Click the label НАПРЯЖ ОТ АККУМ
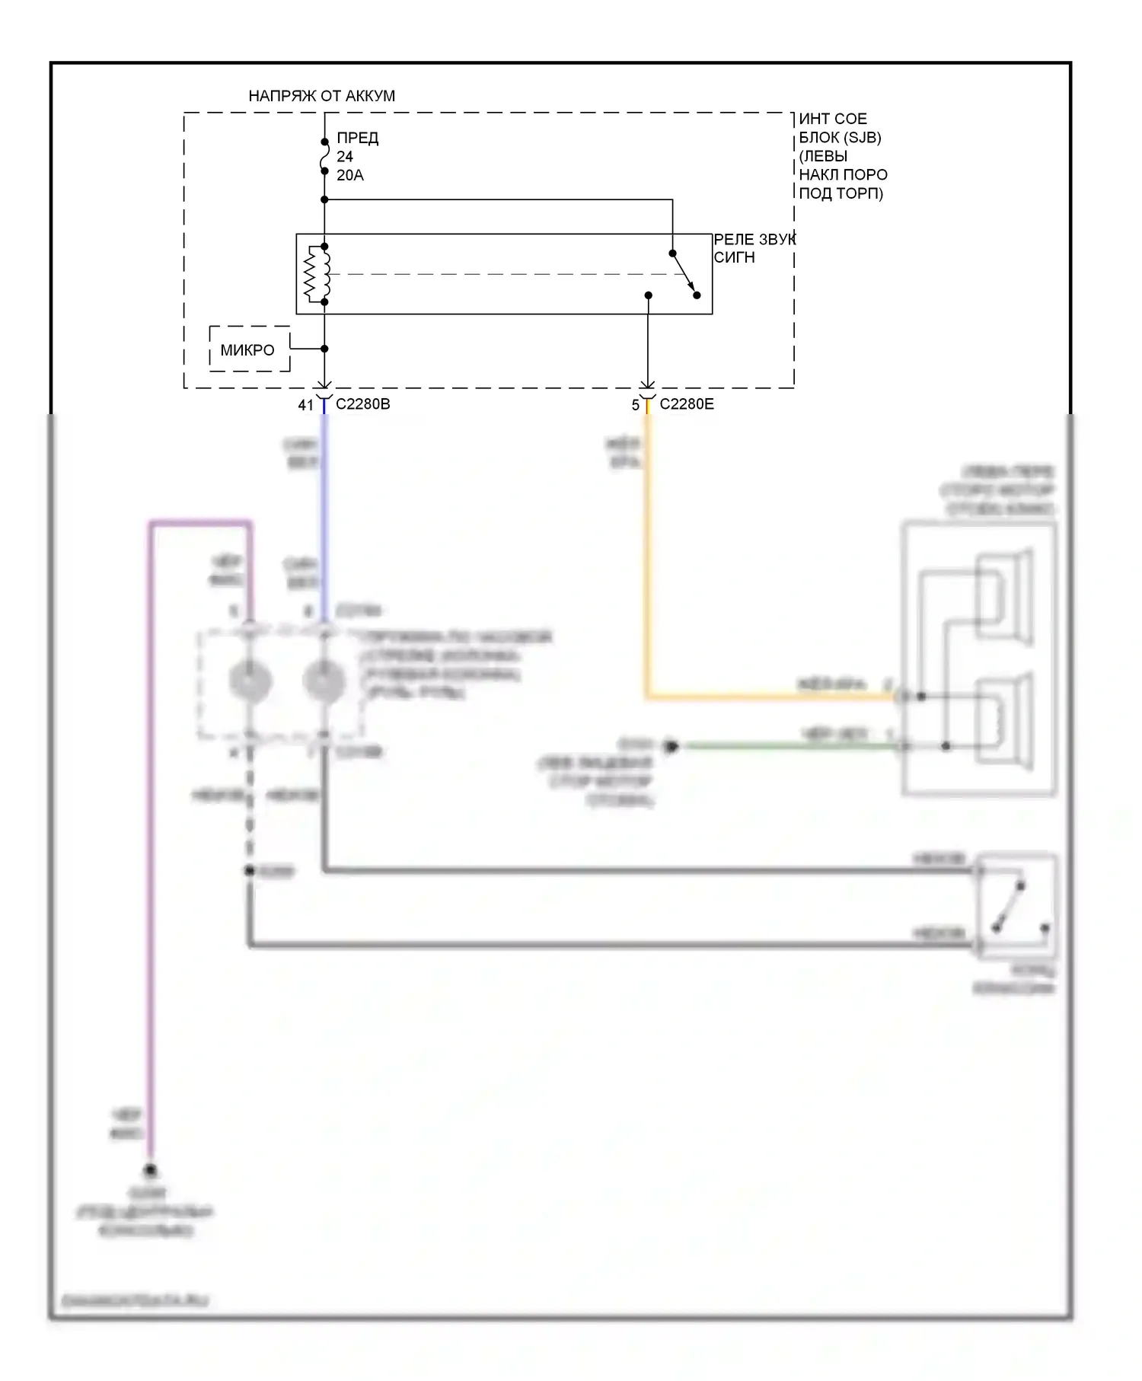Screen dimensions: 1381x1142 [x=321, y=96]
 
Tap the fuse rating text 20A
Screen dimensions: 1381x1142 [x=350, y=175]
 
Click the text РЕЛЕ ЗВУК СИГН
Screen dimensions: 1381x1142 [x=753, y=248]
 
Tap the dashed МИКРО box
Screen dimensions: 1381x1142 [x=249, y=349]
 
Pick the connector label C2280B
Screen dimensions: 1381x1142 [x=362, y=404]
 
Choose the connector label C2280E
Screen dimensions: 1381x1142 [x=686, y=404]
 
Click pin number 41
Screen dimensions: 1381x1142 [x=305, y=405]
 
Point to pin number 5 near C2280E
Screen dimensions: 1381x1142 [x=635, y=405]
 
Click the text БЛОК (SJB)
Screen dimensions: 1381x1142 [x=839, y=138]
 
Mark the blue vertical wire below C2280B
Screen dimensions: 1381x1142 [x=324, y=518]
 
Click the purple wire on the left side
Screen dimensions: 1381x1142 [x=151, y=837]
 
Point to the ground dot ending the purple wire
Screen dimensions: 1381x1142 [x=151, y=1170]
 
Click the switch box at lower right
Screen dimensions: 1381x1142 [x=1017, y=905]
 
